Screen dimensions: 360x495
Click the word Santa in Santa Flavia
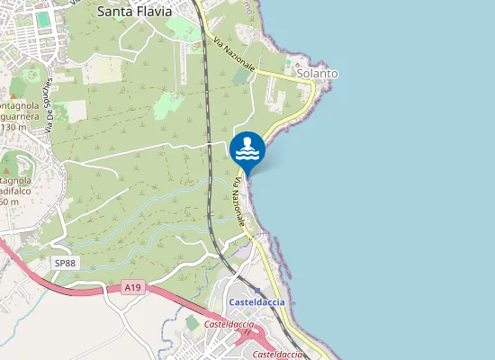(x=112, y=12)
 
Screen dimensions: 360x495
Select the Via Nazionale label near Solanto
(x=235, y=55)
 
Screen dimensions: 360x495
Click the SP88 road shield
(x=65, y=263)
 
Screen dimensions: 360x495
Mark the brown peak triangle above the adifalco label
(x=7, y=167)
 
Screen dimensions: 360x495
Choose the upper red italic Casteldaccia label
(x=229, y=323)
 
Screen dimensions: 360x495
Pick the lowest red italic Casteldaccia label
(x=277, y=355)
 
